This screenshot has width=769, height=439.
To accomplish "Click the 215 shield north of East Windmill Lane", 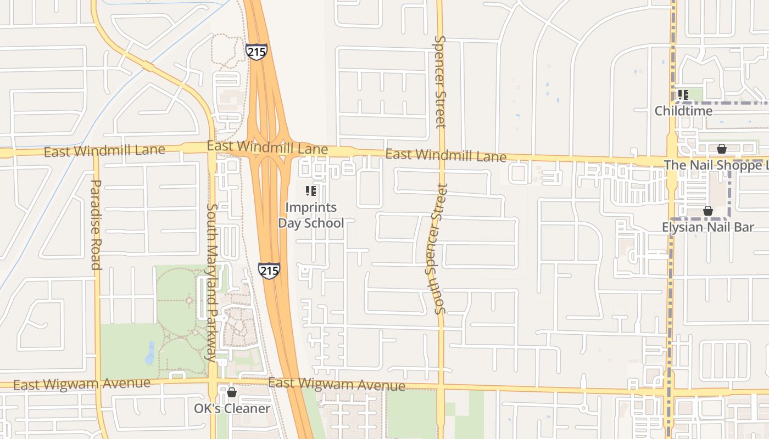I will [257, 52].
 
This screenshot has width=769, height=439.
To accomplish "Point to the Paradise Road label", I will [96, 225].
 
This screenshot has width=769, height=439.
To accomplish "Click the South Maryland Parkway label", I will [211, 282].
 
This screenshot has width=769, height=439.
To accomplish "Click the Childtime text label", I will [683, 111].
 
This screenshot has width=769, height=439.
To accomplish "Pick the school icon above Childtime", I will [683, 95].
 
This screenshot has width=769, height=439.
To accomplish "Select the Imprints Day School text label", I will [311, 215].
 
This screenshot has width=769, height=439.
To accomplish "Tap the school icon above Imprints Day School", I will [311, 191].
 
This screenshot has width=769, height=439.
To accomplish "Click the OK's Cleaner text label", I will [232, 409].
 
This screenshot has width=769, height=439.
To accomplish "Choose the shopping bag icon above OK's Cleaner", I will [232, 392].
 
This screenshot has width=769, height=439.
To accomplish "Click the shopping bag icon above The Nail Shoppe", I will [722, 149].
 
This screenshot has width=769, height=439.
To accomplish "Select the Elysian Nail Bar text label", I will [707, 227].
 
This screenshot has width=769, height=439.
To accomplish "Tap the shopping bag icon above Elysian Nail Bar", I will [708, 211].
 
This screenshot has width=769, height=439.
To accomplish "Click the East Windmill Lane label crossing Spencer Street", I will [445, 155].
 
